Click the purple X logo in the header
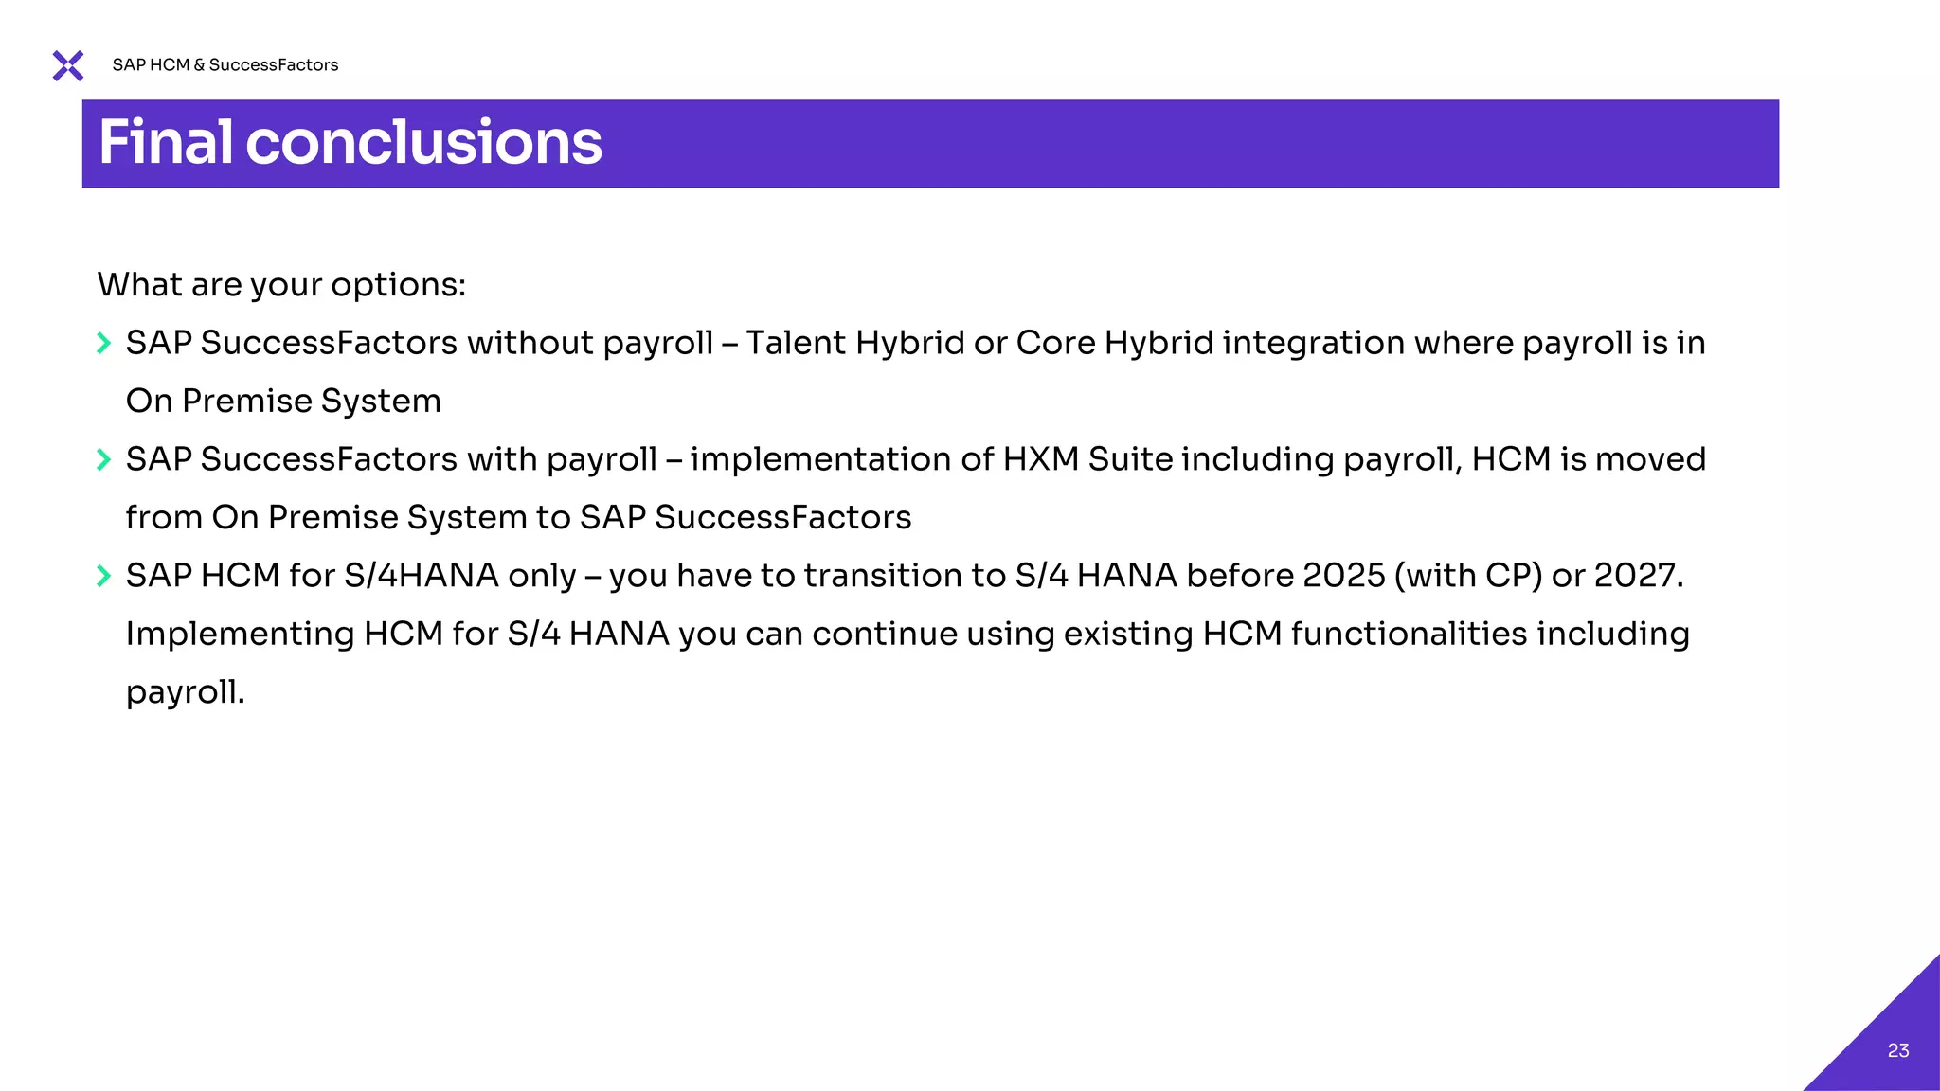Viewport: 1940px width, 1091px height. tap(68, 65)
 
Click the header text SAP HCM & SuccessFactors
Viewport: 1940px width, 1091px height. tap(225, 65)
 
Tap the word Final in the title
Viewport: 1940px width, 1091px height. tap(165, 143)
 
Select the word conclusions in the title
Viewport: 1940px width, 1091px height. tap(423, 143)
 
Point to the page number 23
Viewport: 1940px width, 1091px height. tap(1897, 1050)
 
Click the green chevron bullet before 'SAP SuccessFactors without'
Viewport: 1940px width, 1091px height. tap(104, 343)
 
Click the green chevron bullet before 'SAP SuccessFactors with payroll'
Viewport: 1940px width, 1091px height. tap(104, 459)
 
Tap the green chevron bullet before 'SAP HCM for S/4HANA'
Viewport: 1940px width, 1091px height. tap(104, 576)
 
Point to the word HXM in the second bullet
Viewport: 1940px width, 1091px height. tap(1040, 459)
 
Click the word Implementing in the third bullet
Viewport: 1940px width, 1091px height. tap(240, 635)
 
